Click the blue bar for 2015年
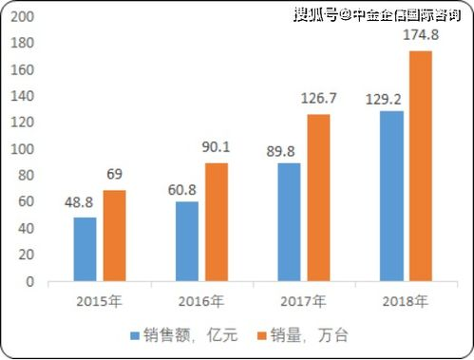85,250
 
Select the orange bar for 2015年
115,237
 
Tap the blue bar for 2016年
187,242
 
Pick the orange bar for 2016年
218,222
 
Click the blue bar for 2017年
289,222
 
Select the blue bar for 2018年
391,196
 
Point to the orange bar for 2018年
421,166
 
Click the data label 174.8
421,35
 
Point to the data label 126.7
318,99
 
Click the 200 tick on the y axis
26,18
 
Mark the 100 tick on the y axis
26,150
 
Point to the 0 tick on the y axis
32,282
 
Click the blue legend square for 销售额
136,334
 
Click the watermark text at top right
381,14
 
